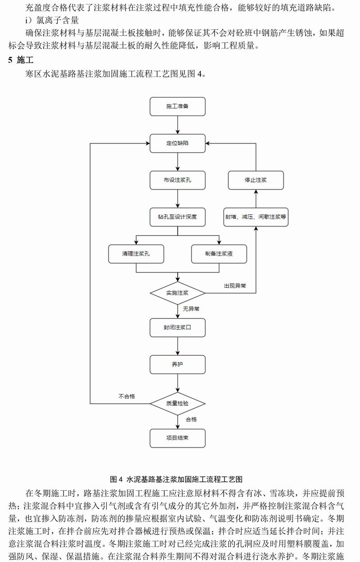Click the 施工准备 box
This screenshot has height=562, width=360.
tap(177, 106)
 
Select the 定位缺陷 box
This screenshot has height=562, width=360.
tap(177, 143)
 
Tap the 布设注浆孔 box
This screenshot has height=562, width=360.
tap(177, 180)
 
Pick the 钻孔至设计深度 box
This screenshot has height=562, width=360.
tap(177, 217)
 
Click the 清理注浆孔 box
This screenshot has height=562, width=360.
tap(136, 254)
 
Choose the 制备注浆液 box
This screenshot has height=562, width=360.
tap(219, 254)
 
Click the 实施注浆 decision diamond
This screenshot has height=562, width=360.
tap(177, 293)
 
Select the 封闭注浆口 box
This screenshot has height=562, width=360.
tap(177, 328)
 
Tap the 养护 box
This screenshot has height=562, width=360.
tap(177, 364)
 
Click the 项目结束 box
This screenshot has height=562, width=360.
tap(177, 438)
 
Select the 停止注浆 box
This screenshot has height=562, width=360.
tap(256, 180)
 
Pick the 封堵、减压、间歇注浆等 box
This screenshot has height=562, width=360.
tap(256, 217)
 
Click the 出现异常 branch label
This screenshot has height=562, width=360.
tap(235, 286)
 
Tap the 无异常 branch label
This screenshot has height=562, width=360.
tap(191, 309)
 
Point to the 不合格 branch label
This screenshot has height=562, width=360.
tap(127, 396)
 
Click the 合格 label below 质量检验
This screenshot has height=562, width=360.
tap(191, 419)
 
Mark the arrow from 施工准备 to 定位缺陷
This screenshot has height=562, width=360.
tap(177, 125)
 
